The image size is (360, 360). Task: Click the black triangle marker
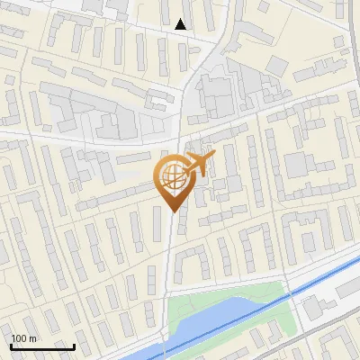182,24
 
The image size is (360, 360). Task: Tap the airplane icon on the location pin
197,165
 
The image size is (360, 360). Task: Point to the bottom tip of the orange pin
172,211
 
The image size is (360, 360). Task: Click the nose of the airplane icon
215,155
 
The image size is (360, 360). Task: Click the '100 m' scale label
24,338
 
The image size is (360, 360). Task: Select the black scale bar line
42,346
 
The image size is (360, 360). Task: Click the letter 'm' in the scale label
32,338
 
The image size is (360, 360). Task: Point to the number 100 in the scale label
20,338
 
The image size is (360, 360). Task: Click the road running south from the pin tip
169,261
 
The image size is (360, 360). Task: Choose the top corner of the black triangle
182,19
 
